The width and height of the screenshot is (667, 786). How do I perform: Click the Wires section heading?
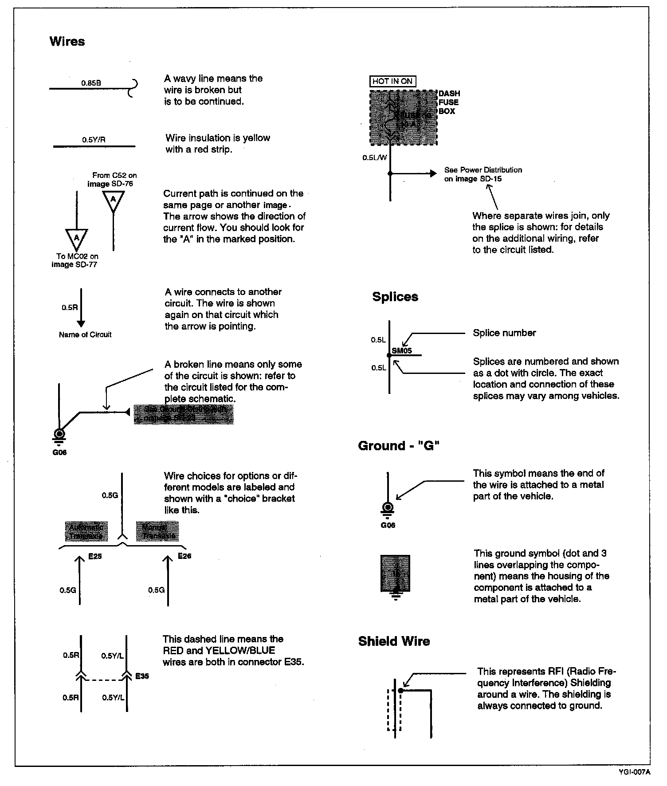click(x=67, y=41)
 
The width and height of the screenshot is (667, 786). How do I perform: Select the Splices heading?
click(x=395, y=297)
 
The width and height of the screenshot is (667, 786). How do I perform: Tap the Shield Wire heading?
click(x=394, y=641)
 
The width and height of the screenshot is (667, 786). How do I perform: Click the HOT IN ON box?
click(x=392, y=81)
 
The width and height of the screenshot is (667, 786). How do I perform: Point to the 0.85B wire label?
click(x=91, y=83)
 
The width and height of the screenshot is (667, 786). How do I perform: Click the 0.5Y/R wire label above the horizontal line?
click(x=94, y=140)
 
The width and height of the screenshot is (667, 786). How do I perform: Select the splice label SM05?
click(x=402, y=350)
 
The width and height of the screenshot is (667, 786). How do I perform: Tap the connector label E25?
click(x=95, y=556)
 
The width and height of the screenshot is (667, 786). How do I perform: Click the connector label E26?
click(x=184, y=556)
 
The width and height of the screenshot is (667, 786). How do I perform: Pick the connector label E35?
click(x=142, y=676)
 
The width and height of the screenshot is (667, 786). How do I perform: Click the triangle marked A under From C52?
click(x=114, y=200)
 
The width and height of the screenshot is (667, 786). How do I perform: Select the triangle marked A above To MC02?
click(x=76, y=239)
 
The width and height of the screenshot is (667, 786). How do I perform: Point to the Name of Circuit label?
click(x=85, y=335)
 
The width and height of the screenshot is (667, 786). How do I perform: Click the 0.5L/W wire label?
click(x=374, y=157)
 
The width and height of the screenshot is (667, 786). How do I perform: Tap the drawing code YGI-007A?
click(x=634, y=772)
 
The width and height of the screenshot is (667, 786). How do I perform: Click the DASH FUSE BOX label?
click(x=449, y=102)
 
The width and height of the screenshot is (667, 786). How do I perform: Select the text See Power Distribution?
click(x=483, y=170)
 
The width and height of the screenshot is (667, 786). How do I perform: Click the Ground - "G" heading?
click(x=399, y=446)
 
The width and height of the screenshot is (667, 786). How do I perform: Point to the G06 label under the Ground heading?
click(x=388, y=525)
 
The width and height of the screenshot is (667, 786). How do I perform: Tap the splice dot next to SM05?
click(x=389, y=355)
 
